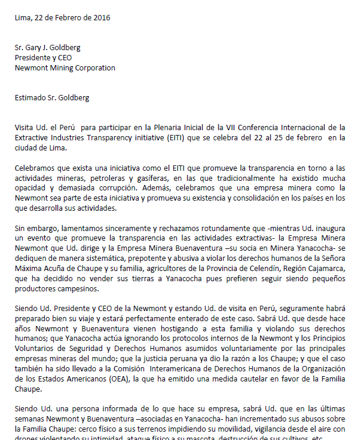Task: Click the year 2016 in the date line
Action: pos(101,18)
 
